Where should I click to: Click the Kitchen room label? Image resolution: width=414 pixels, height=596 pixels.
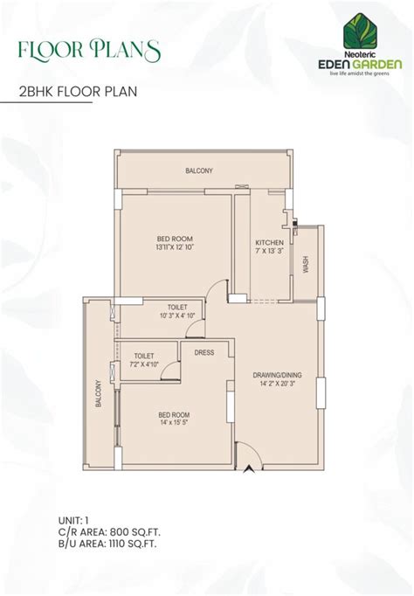(269, 242)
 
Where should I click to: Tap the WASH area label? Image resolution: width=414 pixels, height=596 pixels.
(306, 264)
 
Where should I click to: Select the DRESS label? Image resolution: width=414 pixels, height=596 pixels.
(204, 353)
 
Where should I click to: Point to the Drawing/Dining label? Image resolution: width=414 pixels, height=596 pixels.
(278, 375)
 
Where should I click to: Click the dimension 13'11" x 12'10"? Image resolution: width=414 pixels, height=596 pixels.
(175, 247)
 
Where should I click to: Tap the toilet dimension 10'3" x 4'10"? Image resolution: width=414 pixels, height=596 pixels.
(177, 315)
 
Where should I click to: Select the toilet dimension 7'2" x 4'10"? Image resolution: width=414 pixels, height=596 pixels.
(144, 364)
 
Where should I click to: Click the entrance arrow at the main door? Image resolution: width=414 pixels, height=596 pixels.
(249, 468)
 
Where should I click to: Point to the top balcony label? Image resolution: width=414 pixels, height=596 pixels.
(199, 170)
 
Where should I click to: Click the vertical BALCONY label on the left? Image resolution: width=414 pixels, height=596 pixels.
(99, 393)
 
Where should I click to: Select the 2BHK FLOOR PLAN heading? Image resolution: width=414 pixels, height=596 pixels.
(78, 92)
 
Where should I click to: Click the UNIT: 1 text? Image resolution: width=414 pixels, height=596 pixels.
(73, 520)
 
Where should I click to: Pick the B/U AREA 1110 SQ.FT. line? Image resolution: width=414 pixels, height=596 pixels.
(107, 544)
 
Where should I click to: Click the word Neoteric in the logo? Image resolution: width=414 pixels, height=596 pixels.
(361, 55)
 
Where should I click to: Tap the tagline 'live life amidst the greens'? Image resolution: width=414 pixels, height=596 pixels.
(359, 73)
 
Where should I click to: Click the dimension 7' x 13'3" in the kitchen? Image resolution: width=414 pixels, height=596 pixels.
(269, 251)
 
